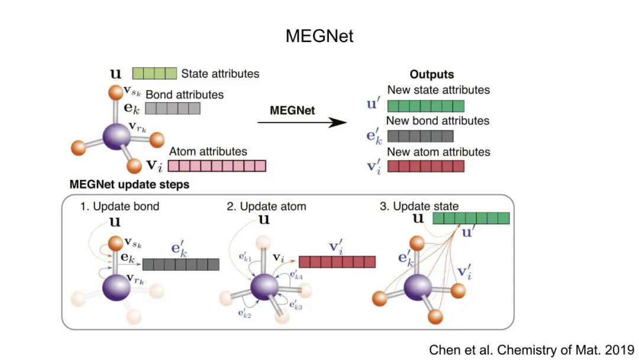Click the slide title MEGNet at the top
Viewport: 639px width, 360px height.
(319, 36)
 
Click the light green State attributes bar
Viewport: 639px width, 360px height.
(154, 74)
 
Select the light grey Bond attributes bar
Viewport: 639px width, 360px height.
(173, 108)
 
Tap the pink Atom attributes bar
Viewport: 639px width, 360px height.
(217, 166)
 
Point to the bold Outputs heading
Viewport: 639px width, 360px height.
(432, 75)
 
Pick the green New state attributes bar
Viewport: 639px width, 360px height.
(425, 107)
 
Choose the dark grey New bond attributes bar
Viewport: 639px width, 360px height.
(420, 136)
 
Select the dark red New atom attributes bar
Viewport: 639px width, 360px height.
(425, 166)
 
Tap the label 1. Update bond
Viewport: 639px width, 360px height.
(120, 207)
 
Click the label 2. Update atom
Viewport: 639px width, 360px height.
(266, 207)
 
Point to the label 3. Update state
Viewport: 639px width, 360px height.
(419, 207)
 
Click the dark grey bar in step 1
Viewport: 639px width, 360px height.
(180, 264)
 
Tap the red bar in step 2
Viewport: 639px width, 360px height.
(337, 262)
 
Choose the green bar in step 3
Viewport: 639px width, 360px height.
(471, 218)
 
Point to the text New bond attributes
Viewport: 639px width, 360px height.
(438, 121)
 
